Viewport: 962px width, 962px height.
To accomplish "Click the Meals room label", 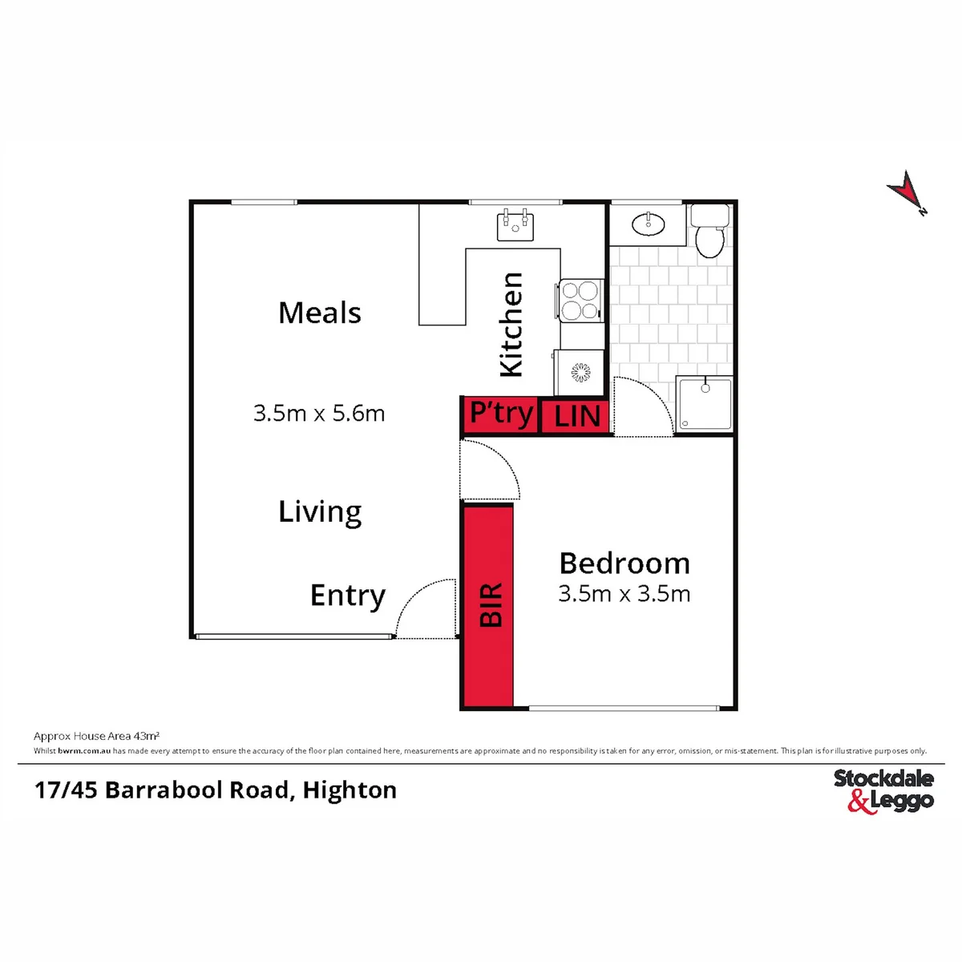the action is pyautogui.click(x=320, y=313).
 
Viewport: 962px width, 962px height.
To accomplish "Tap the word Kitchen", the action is pyautogui.click(x=511, y=325).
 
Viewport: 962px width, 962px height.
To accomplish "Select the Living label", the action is pyautogui.click(x=320, y=512).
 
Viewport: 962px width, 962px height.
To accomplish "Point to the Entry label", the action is pyautogui.click(x=348, y=596).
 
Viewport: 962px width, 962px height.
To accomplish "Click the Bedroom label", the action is pyautogui.click(x=624, y=564).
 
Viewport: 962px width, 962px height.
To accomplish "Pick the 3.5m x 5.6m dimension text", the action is pyautogui.click(x=319, y=414).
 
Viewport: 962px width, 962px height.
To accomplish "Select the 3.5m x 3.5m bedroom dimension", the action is pyautogui.click(x=624, y=594).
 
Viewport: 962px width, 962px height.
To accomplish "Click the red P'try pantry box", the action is pyautogui.click(x=500, y=414).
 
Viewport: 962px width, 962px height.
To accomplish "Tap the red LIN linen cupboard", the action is pyautogui.click(x=575, y=416).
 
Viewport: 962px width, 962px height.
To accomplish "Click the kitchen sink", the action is pyautogui.click(x=515, y=227).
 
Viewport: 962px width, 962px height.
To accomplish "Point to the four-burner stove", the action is pyautogui.click(x=580, y=300).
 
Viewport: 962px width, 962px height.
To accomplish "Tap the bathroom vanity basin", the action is pyautogui.click(x=648, y=224).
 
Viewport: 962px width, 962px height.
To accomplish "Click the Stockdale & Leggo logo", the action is pyautogui.click(x=883, y=792).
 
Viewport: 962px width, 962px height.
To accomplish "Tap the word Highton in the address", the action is pyautogui.click(x=350, y=790).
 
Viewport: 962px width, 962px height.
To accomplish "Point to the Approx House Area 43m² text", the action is pyautogui.click(x=96, y=736).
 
